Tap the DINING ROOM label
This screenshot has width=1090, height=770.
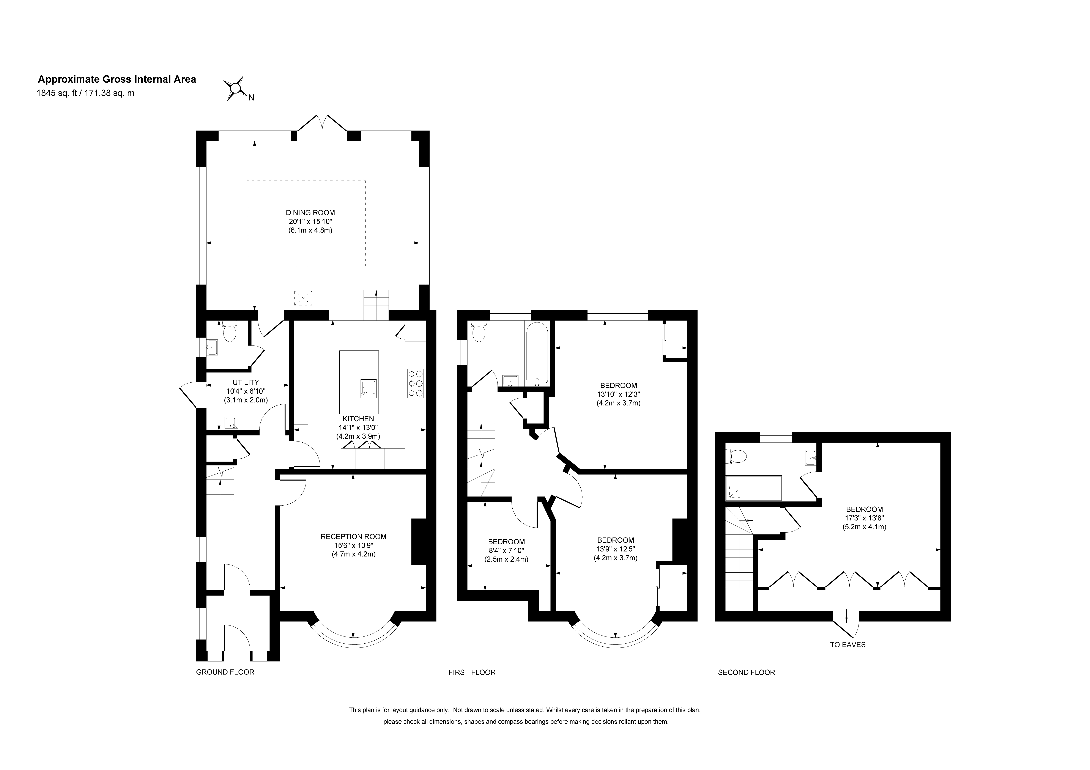pyautogui.click(x=310, y=213)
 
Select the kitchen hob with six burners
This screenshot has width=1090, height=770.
pyautogui.click(x=415, y=383)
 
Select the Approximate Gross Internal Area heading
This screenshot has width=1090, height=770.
pyautogui.click(x=117, y=79)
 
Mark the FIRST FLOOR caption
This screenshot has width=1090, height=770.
pyautogui.click(x=472, y=672)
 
